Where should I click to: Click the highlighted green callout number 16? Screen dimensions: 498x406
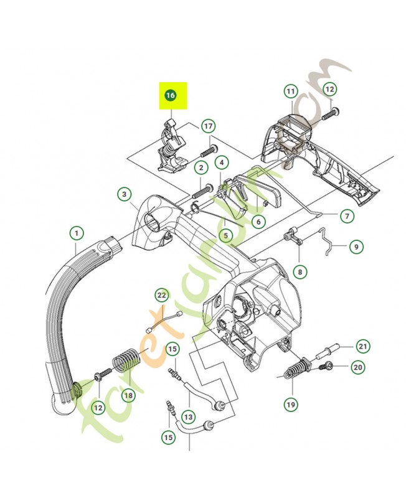point(170,95)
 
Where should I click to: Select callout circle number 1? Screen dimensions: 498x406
point(76,234)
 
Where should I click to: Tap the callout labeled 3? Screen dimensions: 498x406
point(125,195)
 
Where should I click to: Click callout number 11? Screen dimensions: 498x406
point(290,92)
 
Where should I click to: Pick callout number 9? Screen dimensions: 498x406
point(356,247)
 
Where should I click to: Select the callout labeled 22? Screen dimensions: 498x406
point(162,294)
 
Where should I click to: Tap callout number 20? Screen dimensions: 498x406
point(357,367)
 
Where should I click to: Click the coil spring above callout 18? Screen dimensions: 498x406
point(126,364)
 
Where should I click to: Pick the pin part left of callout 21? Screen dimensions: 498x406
point(328,350)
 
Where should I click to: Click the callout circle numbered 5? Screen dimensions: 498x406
point(227,236)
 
